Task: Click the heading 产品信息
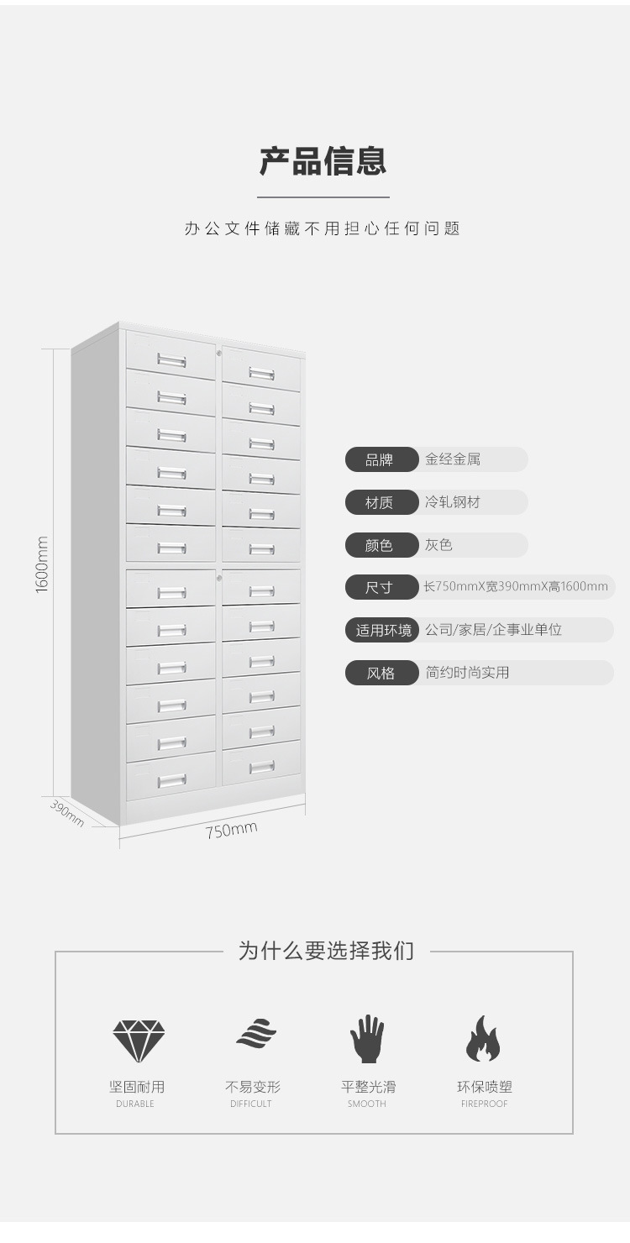tap(323, 161)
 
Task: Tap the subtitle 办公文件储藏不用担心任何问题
tap(323, 228)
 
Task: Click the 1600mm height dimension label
tap(43, 564)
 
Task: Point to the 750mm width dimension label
tap(231, 831)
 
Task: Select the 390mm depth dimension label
tap(67, 813)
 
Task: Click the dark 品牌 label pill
tap(381, 459)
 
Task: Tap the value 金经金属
tap(453, 459)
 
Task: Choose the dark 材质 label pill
tap(381, 502)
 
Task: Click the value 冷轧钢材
tap(453, 502)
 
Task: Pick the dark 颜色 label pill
tap(381, 545)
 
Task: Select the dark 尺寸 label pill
tap(381, 587)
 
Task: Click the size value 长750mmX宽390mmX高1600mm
tap(516, 586)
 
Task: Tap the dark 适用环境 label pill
tap(382, 630)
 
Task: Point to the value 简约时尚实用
tap(467, 673)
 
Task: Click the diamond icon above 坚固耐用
tap(139, 1040)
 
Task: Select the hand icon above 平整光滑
tap(367, 1039)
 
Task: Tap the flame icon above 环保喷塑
tap(483, 1039)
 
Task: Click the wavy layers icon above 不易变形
tap(256, 1034)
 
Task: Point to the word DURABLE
tap(135, 1104)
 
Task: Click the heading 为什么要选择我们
tap(326, 952)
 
